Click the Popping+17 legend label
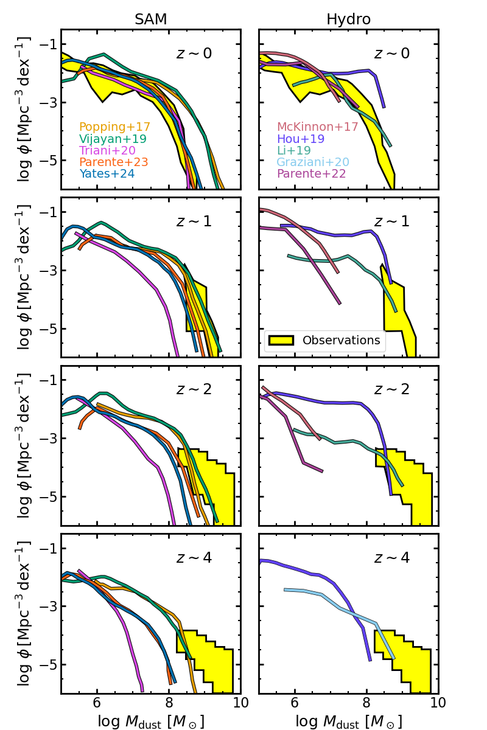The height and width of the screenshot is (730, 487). [114, 127]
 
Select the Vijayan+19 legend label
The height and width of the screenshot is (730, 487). [113, 139]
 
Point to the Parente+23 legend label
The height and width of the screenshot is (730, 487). [114, 162]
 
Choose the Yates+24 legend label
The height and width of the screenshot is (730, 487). [107, 174]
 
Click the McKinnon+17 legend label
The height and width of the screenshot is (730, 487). [318, 127]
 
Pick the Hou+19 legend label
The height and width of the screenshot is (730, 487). [301, 139]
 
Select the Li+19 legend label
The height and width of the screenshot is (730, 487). [294, 151]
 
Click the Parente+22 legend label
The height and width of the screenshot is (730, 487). [312, 174]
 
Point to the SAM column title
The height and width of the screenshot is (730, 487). [150, 19]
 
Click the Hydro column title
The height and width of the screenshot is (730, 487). [348, 19]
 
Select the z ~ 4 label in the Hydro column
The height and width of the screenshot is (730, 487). [391, 558]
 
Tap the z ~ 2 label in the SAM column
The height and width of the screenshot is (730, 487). [194, 389]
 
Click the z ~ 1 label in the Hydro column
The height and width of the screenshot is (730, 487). [391, 221]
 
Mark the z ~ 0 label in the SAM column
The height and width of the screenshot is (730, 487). [194, 53]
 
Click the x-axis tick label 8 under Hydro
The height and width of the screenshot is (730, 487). [367, 704]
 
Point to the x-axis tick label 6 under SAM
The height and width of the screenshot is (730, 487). [97, 704]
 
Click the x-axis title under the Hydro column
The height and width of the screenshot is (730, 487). [348, 721]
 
